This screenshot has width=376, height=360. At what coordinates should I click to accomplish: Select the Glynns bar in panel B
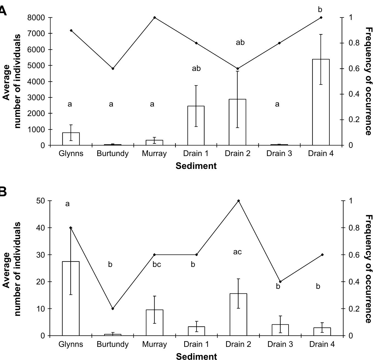pyautogui.click(x=71, y=298)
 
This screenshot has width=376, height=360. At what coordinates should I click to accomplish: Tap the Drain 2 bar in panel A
pyautogui.click(x=238, y=122)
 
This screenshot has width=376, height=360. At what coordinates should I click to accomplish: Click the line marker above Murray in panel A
pyautogui.click(x=155, y=18)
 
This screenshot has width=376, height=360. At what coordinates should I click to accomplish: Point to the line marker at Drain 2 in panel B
pyautogui.click(x=238, y=201)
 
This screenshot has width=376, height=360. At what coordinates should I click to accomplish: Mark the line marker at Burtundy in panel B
pyautogui.click(x=113, y=309)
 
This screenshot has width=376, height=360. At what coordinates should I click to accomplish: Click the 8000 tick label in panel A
pyautogui.click(x=36, y=18)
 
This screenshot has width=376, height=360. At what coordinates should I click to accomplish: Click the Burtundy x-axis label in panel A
pyautogui.click(x=112, y=154)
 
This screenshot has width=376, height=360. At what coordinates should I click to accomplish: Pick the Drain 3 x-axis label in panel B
pyautogui.click(x=280, y=344)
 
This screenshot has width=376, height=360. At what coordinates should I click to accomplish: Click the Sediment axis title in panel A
pyautogui.click(x=196, y=166)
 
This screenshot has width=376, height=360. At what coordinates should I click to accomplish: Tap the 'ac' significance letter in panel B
pyautogui.click(x=237, y=252)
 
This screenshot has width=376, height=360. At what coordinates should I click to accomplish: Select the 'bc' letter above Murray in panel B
pyautogui.click(x=156, y=264)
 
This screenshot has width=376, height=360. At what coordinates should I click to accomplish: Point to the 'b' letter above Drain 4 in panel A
pyautogui.click(x=320, y=10)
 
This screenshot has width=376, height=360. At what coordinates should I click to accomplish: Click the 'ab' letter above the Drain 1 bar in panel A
pyautogui.click(x=196, y=68)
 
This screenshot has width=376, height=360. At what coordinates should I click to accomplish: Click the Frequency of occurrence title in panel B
pyautogui.click(x=369, y=269)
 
